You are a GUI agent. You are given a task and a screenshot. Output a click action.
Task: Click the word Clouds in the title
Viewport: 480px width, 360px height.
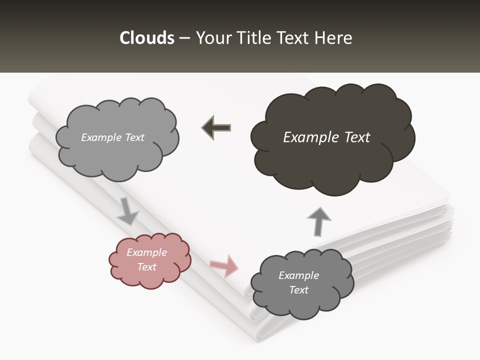146,38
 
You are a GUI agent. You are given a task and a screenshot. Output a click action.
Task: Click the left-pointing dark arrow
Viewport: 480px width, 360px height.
216,128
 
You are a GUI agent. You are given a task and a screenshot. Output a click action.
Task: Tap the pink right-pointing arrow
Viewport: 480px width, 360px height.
224,265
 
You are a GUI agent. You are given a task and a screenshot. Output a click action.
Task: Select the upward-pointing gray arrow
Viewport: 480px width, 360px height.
319,220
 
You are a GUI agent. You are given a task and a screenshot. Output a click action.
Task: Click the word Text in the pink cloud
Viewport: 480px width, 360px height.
147,267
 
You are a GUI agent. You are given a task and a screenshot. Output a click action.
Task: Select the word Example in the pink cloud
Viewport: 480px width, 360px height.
147,252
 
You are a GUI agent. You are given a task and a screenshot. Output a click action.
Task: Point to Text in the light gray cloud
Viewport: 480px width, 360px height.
133,137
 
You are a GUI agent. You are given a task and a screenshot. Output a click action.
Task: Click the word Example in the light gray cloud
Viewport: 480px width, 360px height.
101,137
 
